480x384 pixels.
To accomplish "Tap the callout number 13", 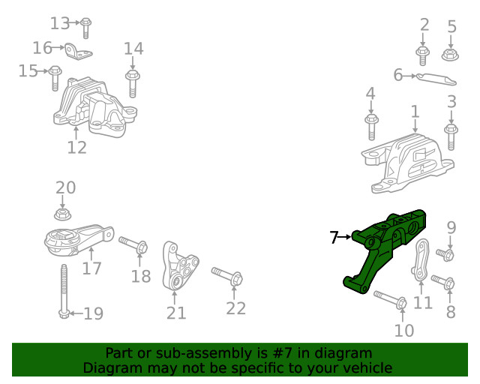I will (59, 22).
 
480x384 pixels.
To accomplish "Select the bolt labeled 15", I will (55, 78).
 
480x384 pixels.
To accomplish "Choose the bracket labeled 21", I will (179, 269).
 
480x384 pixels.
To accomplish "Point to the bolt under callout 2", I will (423, 55).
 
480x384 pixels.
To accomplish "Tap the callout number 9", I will (451, 227).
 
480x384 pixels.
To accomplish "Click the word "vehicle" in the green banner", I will (367, 367).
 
